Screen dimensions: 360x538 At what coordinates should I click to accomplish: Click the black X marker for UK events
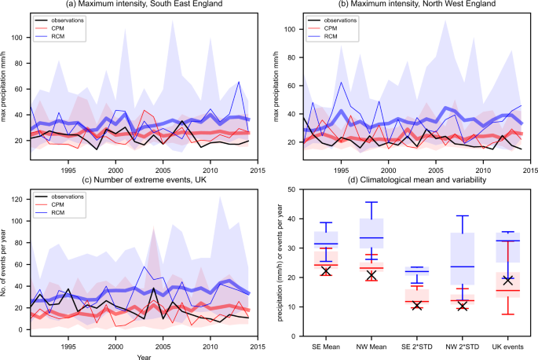tap(505, 280)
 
